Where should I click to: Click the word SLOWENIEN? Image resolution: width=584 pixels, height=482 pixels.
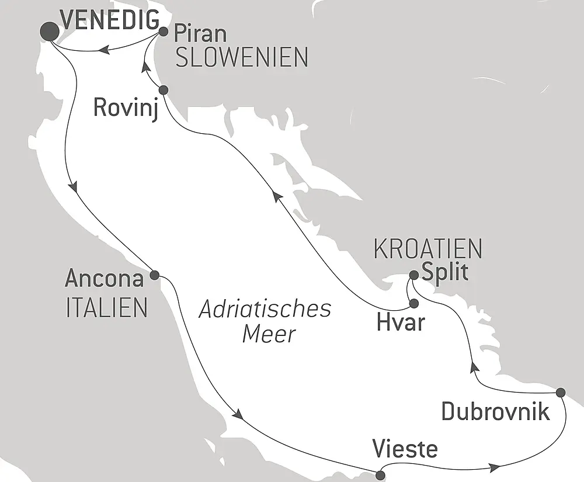pyautogui.click(x=241, y=58)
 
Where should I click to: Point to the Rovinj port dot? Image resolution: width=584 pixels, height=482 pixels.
pyautogui.click(x=164, y=90)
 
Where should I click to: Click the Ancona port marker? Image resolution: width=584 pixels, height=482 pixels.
pyautogui.click(x=155, y=275)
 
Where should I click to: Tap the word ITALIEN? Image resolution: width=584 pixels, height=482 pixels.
pyautogui.click(x=106, y=308)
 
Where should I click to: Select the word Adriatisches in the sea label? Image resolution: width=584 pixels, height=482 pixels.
pyautogui.click(x=265, y=310)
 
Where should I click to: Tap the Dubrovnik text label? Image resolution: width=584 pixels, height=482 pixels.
pyautogui.click(x=495, y=412)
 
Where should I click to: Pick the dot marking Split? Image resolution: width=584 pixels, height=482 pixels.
pyautogui.click(x=413, y=275)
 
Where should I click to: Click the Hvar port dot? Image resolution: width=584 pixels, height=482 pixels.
pyautogui.click(x=414, y=303)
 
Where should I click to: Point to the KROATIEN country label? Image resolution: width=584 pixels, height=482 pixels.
pyautogui.click(x=427, y=249)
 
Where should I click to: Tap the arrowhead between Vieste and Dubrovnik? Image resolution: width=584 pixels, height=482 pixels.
pyautogui.click(x=495, y=467)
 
